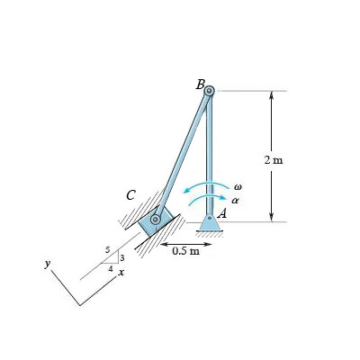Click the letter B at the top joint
200,85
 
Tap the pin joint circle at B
209,91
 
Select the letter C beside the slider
131,194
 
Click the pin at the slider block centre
156,219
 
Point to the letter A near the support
220,212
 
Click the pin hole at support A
209,218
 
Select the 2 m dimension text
274,159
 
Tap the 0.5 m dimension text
186,251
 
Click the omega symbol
237,186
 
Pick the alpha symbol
236,201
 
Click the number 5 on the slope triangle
108,249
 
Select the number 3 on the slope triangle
121,258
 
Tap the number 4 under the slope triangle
111,268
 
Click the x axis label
121,271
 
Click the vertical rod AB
209,153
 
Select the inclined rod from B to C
183,155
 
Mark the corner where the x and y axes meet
79,305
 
